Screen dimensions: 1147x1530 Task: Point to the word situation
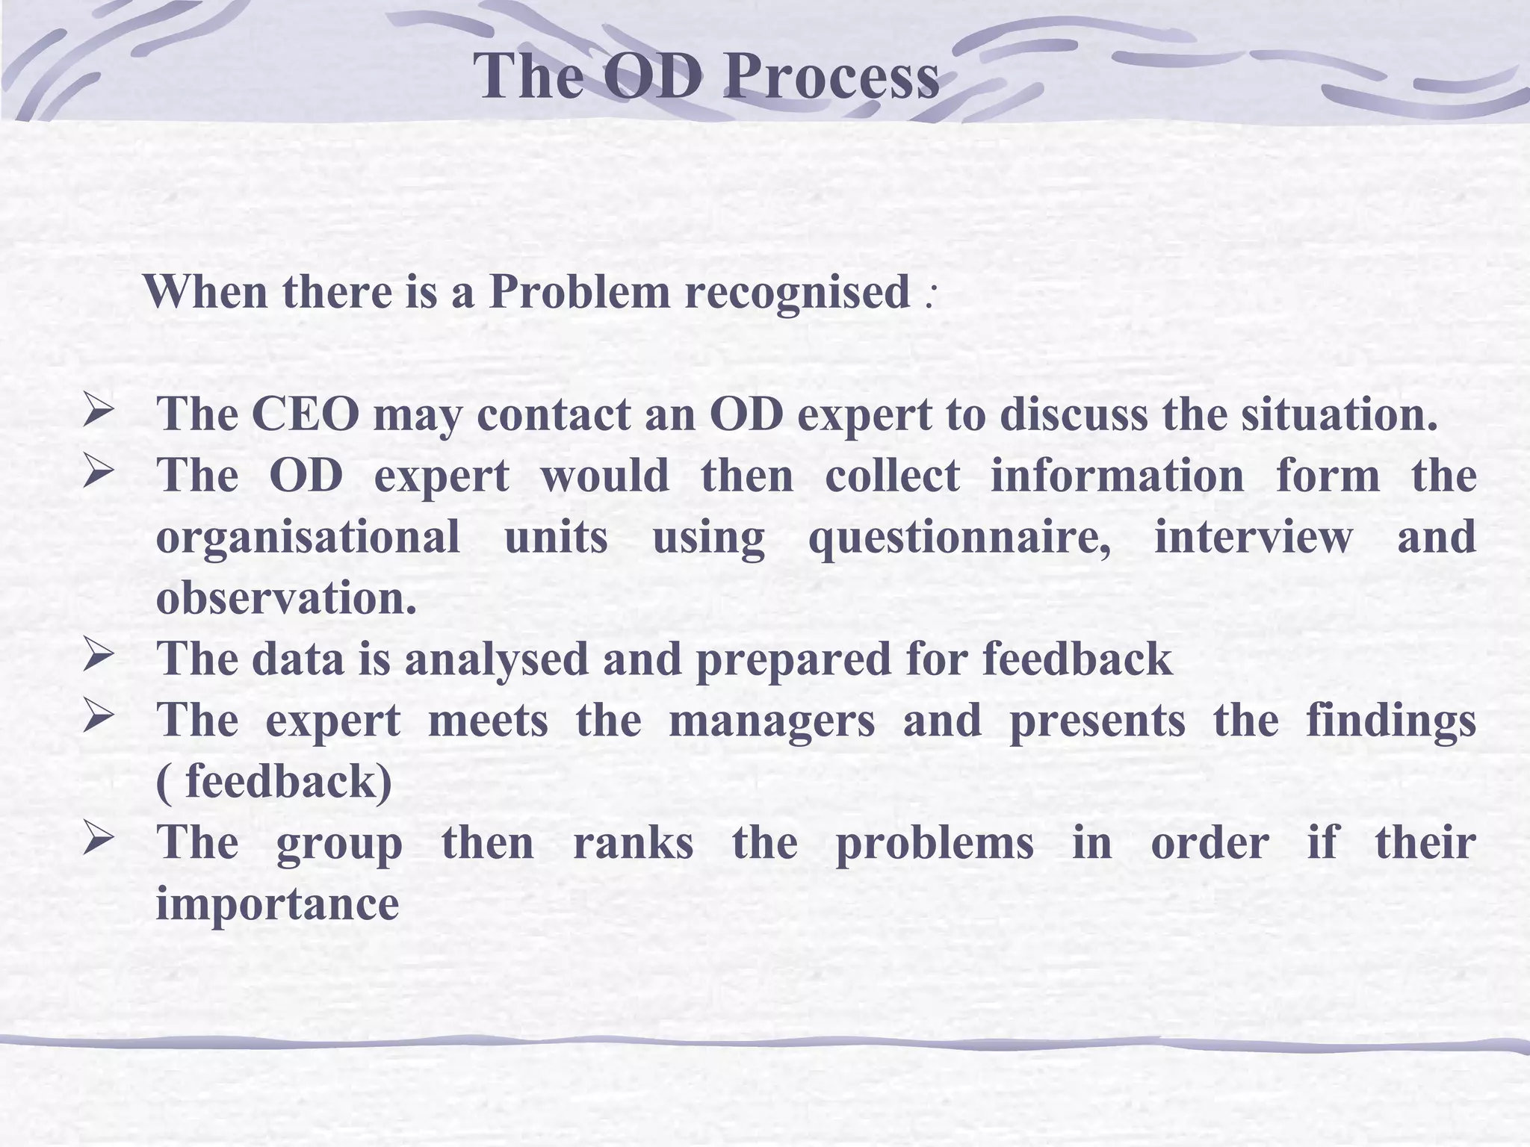(x=1339, y=414)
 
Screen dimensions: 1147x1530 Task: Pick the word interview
(x=1253, y=537)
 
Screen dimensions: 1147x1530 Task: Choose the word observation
(x=286, y=598)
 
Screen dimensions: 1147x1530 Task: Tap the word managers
(x=771, y=722)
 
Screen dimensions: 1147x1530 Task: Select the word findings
(x=1391, y=722)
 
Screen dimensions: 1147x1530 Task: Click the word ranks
(x=633, y=843)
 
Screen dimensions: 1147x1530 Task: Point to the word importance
(x=277, y=905)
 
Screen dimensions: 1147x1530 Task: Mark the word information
(x=1117, y=476)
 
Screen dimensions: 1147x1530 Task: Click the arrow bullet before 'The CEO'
(x=98, y=412)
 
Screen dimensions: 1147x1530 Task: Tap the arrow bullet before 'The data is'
(x=98, y=657)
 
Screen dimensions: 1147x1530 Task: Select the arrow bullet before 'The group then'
(x=98, y=841)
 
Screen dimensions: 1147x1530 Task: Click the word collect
(x=892, y=476)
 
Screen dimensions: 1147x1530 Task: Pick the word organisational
(x=308, y=537)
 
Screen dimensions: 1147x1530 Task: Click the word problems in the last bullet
(x=934, y=845)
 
